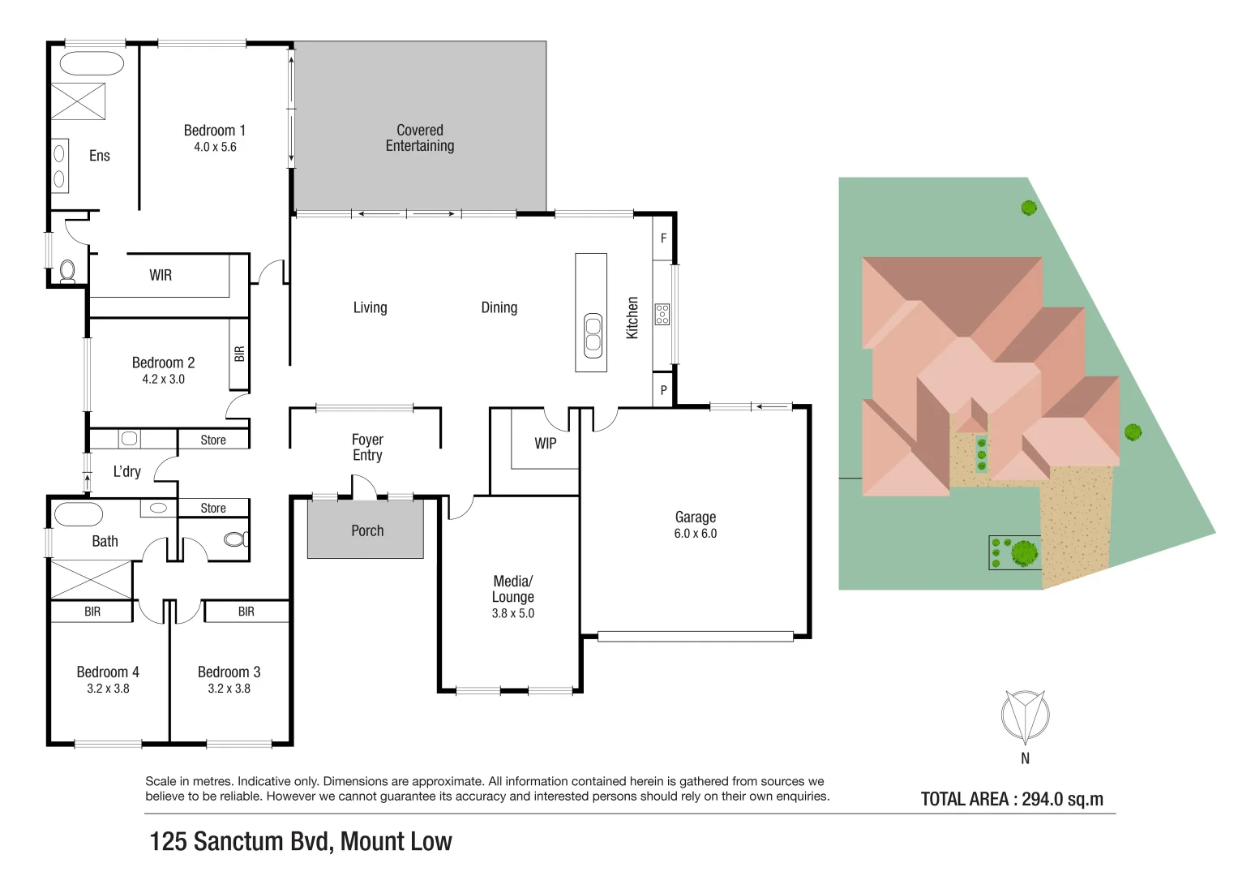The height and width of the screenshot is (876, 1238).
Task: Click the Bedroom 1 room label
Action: click(214, 131)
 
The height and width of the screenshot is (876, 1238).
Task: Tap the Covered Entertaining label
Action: click(419, 138)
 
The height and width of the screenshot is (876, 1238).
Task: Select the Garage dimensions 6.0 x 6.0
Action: click(695, 534)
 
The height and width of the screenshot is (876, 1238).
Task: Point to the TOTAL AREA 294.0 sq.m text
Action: click(1012, 799)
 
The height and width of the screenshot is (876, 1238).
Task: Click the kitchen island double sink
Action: click(593, 336)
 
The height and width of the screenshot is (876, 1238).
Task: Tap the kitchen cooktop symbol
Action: click(662, 314)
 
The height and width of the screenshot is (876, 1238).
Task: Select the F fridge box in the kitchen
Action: click(663, 238)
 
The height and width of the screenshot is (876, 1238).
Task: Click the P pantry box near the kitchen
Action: click(663, 390)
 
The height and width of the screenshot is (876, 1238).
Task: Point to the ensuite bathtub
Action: click(92, 64)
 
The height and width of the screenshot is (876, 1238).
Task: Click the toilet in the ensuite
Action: click(67, 270)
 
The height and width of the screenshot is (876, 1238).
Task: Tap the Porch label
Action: click(367, 530)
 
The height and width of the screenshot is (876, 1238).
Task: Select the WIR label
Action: click(161, 276)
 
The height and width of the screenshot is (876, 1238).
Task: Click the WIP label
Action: click(545, 444)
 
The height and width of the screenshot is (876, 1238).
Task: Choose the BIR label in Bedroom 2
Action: click(239, 354)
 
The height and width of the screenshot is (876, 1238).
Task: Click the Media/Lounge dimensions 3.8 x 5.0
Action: click(512, 614)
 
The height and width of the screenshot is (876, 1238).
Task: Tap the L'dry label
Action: click(126, 471)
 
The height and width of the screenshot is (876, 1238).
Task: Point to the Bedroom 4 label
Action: click(107, 672)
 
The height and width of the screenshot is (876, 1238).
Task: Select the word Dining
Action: click(499, 307)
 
